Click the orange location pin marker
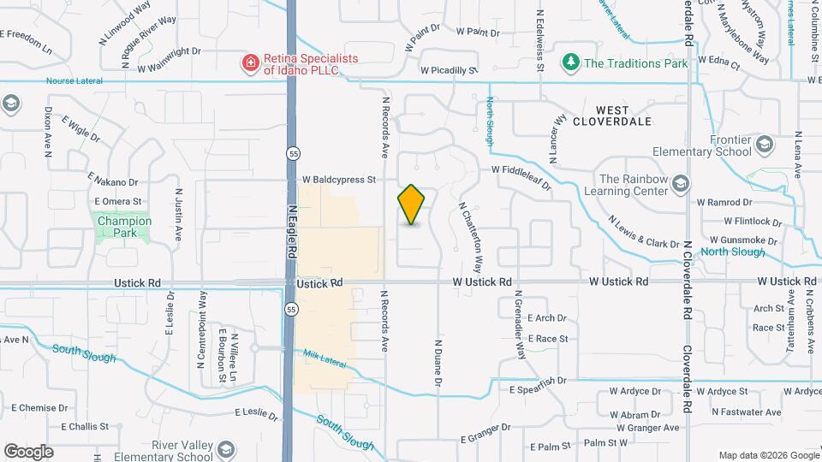pos(412,204)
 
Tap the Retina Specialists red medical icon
pos(250,62)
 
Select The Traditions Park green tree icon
pos(570,62)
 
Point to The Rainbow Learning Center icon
pos(680,184)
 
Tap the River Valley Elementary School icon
pos(225,450)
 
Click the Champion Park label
pos(124,227)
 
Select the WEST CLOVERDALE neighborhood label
pos(623,115)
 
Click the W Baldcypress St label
pos(339,181)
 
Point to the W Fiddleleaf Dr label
pos(527,170)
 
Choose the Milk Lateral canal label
pos(325,358)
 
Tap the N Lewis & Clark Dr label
pos(643,232)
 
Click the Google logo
pos(29,451)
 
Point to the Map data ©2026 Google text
pos(767,455)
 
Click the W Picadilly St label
pos(448,71)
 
